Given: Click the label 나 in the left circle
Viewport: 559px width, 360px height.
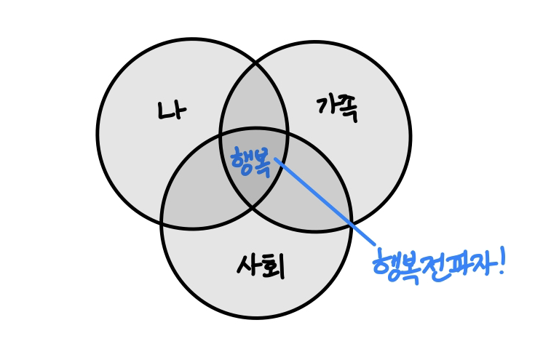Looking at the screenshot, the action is pyautogui.click(x=173, y=111).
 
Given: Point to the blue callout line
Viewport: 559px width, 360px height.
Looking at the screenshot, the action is pyautogui.click(x=328, y=204).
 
